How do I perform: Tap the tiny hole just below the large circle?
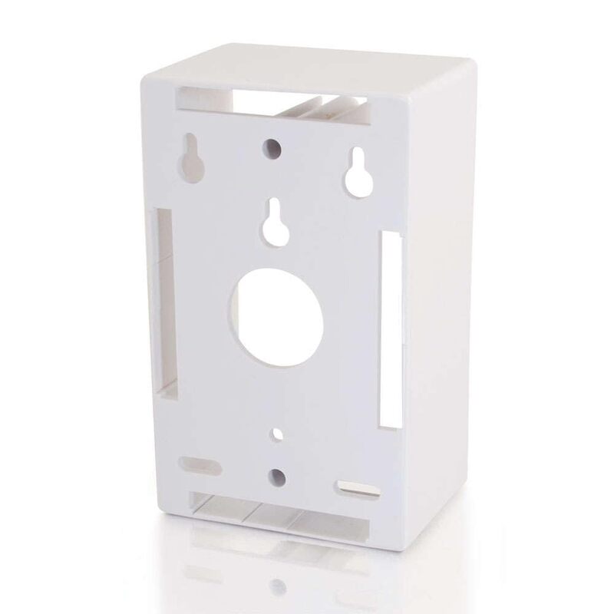[273, 434]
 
